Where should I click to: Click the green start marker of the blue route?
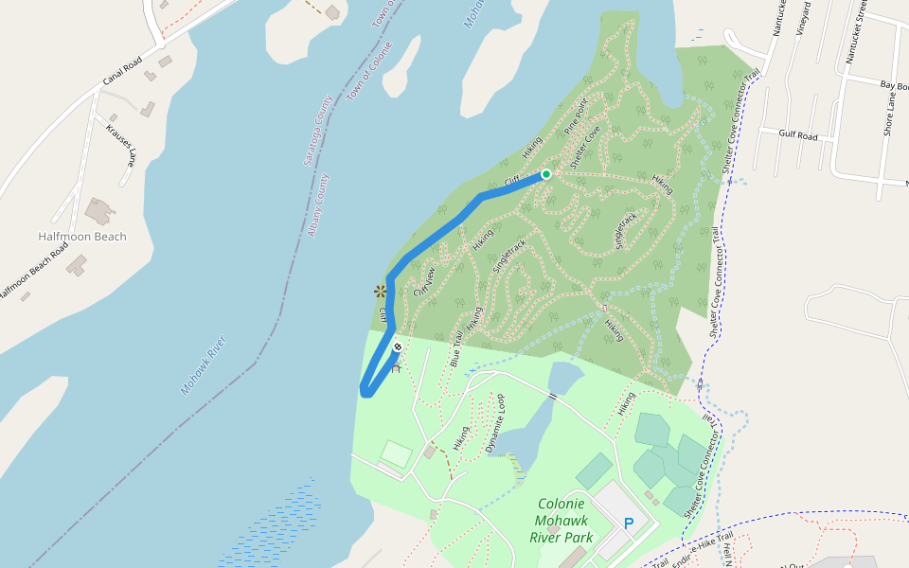(546, 174)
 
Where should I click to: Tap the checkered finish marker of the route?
(398, 347)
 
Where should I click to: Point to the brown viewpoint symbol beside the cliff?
(381, 291)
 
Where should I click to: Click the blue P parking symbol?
(628, 524)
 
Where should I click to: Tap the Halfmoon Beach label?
(82, 237)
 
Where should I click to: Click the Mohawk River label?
(204, 364)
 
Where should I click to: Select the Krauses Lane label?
(120, 142)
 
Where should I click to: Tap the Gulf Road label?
(797, 135)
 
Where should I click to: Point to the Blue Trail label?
(456, 347)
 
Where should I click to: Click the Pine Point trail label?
(576, 115)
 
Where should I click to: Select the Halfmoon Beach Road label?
(35, 270)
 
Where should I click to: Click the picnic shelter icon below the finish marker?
(397, 367)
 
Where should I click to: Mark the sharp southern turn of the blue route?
(365, 390)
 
